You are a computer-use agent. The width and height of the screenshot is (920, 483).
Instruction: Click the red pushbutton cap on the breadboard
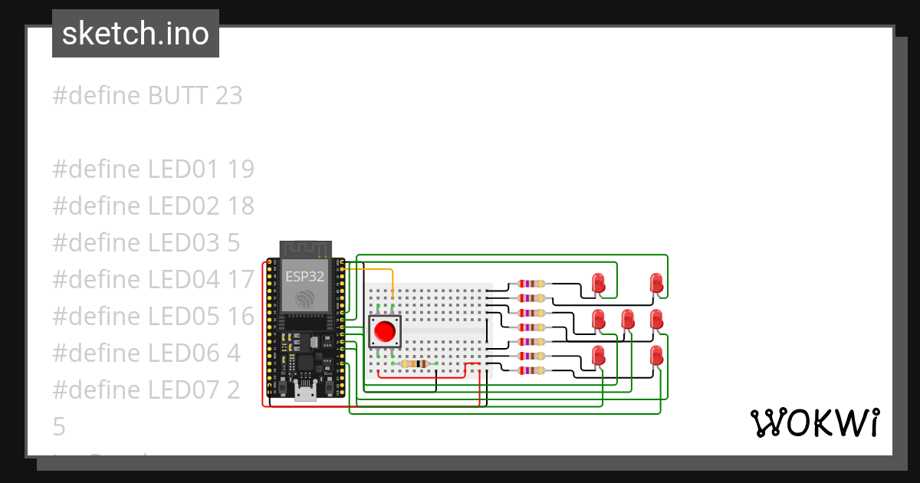[x=385, y=332]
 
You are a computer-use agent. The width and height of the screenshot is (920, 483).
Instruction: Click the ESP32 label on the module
[x=304, y=277]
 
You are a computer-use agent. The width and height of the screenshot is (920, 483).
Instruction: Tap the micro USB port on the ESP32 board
[x=305, y=394]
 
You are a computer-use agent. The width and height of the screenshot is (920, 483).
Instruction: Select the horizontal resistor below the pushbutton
[x=415, y=363]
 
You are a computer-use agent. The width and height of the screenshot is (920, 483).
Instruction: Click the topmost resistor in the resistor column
[x=532, y=284]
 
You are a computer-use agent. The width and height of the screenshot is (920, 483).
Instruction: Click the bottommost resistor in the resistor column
[x=532, y=370]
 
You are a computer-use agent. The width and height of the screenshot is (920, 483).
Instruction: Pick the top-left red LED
[x=599, y=283]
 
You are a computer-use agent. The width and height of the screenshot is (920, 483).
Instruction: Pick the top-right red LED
[x=656, y=283]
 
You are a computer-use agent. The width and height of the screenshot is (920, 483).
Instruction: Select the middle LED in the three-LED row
[x=628, y=319]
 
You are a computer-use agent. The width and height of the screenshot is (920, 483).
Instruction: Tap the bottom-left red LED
[x=599, y=355]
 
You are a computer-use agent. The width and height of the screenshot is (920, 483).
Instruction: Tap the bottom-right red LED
[x=656, y=355]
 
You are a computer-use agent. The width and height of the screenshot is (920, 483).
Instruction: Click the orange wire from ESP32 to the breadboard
[x=376, y=270]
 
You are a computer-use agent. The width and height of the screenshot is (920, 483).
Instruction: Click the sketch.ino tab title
[x=136, y=34]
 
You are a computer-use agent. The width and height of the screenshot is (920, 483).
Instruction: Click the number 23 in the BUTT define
[x=228, y=96]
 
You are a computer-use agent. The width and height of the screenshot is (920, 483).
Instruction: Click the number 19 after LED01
[x=241, y=169]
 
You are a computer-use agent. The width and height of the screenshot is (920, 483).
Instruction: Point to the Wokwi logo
[x=814, y=422]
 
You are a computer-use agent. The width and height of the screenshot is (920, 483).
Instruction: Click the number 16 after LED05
[x=241, y=317]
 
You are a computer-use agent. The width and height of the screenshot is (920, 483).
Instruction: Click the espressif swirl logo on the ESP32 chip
[x=304, y=298]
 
